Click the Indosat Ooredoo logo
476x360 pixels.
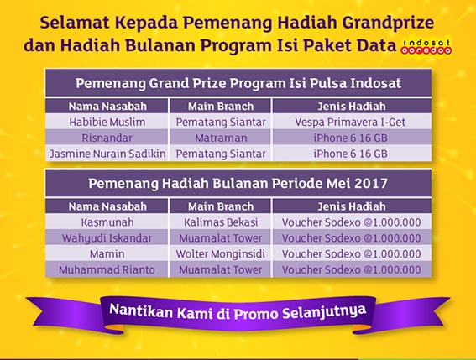(x=426, y=47)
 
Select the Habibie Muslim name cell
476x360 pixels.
(x=107, y=122)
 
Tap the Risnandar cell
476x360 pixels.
(x=107, y=138)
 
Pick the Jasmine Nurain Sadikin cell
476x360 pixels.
(x=107, y=154)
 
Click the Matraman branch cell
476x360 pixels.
(x=221, y=138)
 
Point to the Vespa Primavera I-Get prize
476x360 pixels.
(x=350, y=122)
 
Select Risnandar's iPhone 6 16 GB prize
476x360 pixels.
(x=350, y=138)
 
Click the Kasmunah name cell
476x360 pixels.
(x=107, y=222)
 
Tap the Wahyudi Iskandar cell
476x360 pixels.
(x=107, y=238)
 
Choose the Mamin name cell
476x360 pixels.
(x=107, y=253)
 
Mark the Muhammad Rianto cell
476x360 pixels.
(x=107, y=269)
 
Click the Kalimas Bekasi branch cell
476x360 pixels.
(x=221, y=222)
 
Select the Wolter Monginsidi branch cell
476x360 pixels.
(x=221, y=253)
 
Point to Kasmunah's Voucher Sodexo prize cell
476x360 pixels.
(x=352, y=222)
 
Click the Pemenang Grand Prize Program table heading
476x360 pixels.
(x=238, y=83)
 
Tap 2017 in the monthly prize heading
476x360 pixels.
(x=371, y=183)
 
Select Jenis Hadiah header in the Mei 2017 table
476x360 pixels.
(x=352, y=206)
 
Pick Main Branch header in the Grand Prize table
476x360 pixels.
(x=221, y=107)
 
